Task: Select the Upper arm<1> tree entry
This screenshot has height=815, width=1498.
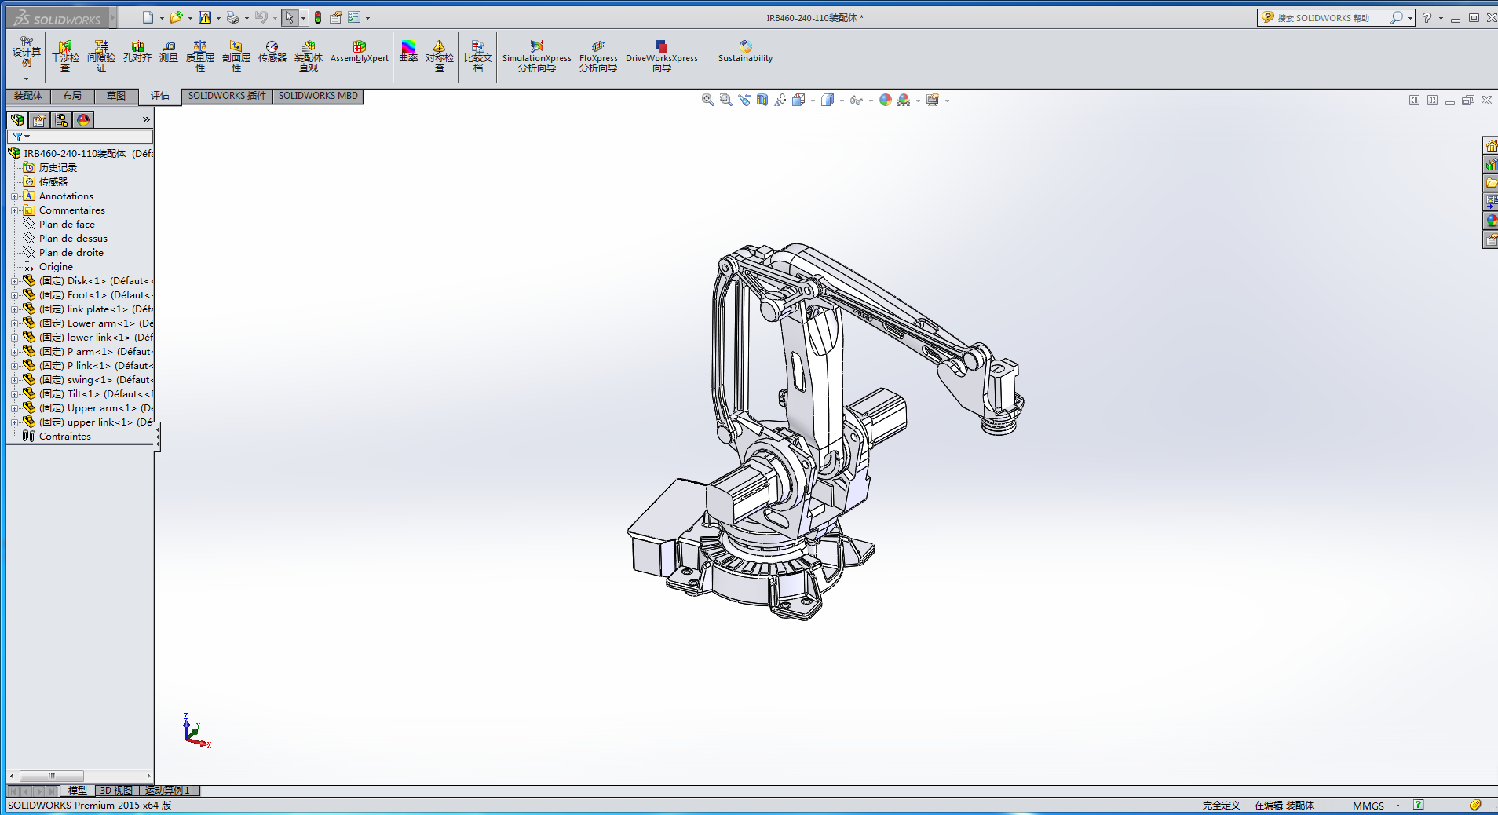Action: point(101,408)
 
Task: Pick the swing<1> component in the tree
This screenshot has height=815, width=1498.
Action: point(89,380)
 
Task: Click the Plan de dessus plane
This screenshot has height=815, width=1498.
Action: point(73,239)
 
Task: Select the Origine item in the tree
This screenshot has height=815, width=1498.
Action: point(56,267)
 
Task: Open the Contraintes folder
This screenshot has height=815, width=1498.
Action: point(64,437)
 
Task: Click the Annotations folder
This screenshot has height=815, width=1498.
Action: point(66,196)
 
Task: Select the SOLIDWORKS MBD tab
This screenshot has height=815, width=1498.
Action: point(318,96)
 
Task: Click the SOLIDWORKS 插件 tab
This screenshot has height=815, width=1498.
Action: point(227,96)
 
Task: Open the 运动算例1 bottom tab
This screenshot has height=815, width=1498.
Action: point(167,791)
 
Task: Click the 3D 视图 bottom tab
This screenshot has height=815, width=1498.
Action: point(116,791)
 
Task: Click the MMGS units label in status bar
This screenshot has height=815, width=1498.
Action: point(1368,806)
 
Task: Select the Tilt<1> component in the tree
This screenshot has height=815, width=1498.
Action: point(83,394)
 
